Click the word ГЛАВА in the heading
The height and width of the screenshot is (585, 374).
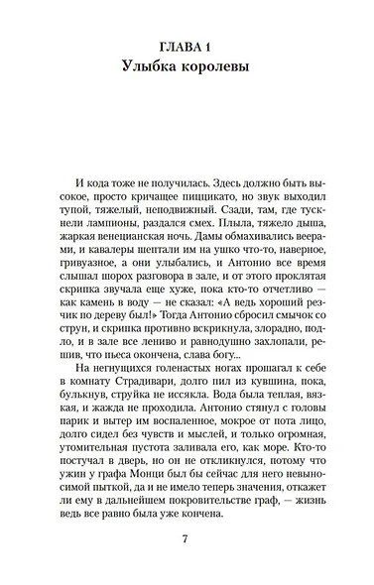coord(178,49)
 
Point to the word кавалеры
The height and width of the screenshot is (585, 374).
coord(108,274)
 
